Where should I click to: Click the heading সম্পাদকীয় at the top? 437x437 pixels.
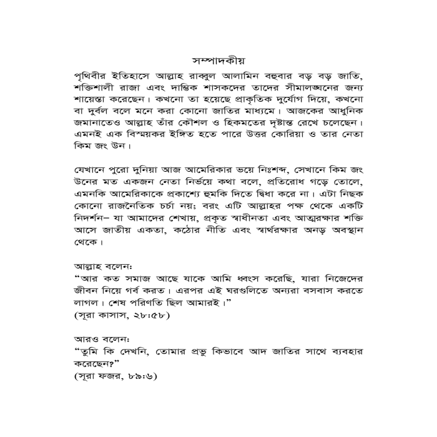click(x=218, y=61)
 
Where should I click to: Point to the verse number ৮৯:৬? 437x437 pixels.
click(x=139, y=377)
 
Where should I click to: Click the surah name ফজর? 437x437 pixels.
click(x=107, y=377)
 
